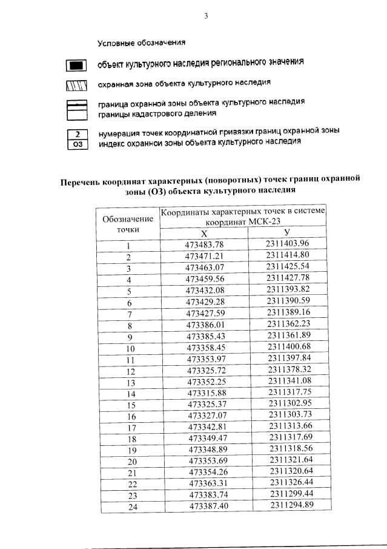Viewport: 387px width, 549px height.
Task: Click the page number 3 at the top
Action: [205, 16]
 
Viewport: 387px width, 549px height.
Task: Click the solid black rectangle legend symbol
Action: [76, 65]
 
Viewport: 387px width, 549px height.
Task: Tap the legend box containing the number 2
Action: [76, 133]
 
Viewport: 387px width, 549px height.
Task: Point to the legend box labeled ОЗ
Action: [76, 143]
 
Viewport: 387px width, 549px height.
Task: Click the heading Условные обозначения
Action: [141, 43]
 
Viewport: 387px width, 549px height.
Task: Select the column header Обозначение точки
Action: [128, 223]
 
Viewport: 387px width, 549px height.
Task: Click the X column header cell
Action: [203, 234]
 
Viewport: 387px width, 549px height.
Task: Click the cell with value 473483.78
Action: [204, 244]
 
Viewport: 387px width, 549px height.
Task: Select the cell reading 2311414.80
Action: [287, 255]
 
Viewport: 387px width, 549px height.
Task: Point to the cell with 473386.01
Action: [205, 325]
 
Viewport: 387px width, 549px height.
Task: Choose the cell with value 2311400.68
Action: [288, 348]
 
